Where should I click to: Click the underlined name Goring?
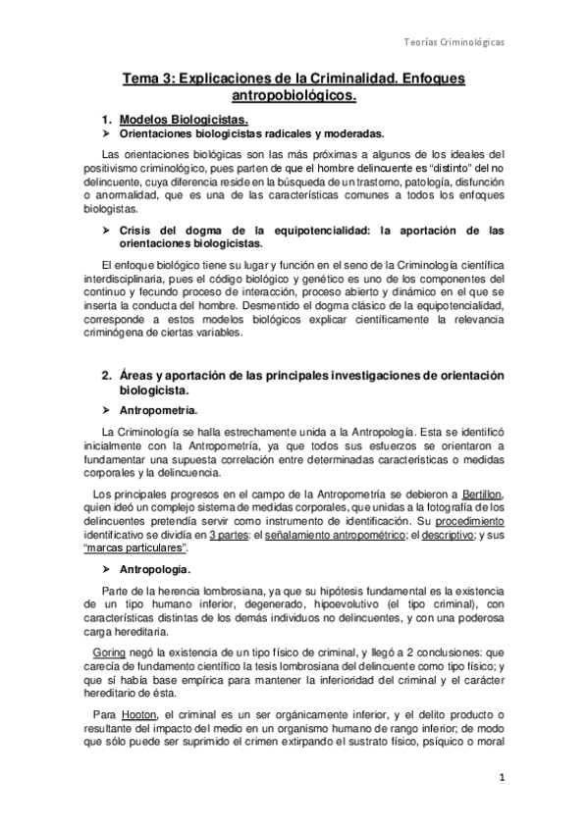click(108, 651)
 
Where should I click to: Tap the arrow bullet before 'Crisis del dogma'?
click(106, 230)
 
